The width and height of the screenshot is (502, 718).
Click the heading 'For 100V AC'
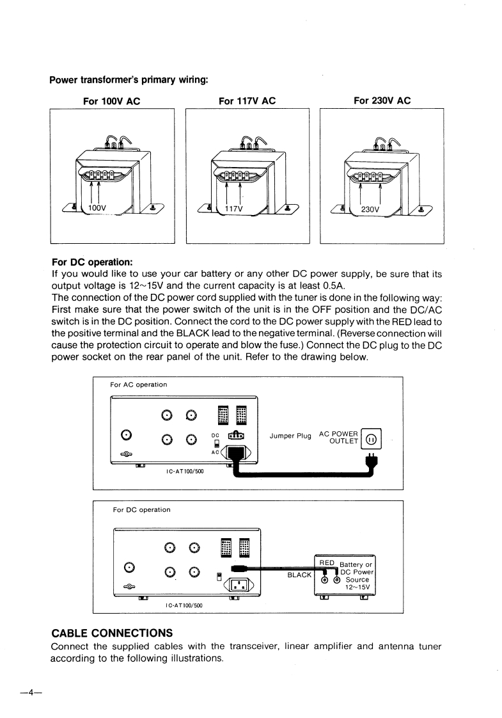pyautogui.click(x=112, y=101)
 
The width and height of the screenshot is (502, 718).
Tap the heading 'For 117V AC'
pyautogui.click(x=247, y=101)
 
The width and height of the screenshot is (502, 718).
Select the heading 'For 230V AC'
pyautogui.click(x=382, y=100)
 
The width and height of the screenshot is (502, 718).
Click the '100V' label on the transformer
pyautogui.click(x=98, y=209)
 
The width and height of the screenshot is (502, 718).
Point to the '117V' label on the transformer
pyautogui.click(x=233, y=209)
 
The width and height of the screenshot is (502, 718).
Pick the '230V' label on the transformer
pyautogui.click(x=370, y=209)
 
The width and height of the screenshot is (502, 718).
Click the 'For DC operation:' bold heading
pyautogui.click(x=91, y=262)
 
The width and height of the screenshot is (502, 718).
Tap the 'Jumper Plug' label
pyautogui.click(x=290, y=436)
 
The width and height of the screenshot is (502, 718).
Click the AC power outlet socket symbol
pyautogui.click(x=371, y=440)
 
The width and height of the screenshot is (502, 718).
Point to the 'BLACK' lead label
pyautogui.click(x=299, y=575)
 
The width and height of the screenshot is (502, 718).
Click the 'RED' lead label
pyautogui.click(x=327, y=562)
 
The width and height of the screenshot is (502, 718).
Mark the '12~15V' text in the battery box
pyautogui.click(x=357, y=587)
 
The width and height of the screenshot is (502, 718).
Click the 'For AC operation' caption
pyautogui.click(x=139, y=385)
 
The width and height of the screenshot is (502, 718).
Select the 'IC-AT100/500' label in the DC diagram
pyautogui.click(x=184, y=605)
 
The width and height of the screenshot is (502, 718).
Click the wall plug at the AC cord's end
pyautogui.click(x=370, y=459)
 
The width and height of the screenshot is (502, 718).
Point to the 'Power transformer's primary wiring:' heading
pyautogui.click(x=129, y=80)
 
